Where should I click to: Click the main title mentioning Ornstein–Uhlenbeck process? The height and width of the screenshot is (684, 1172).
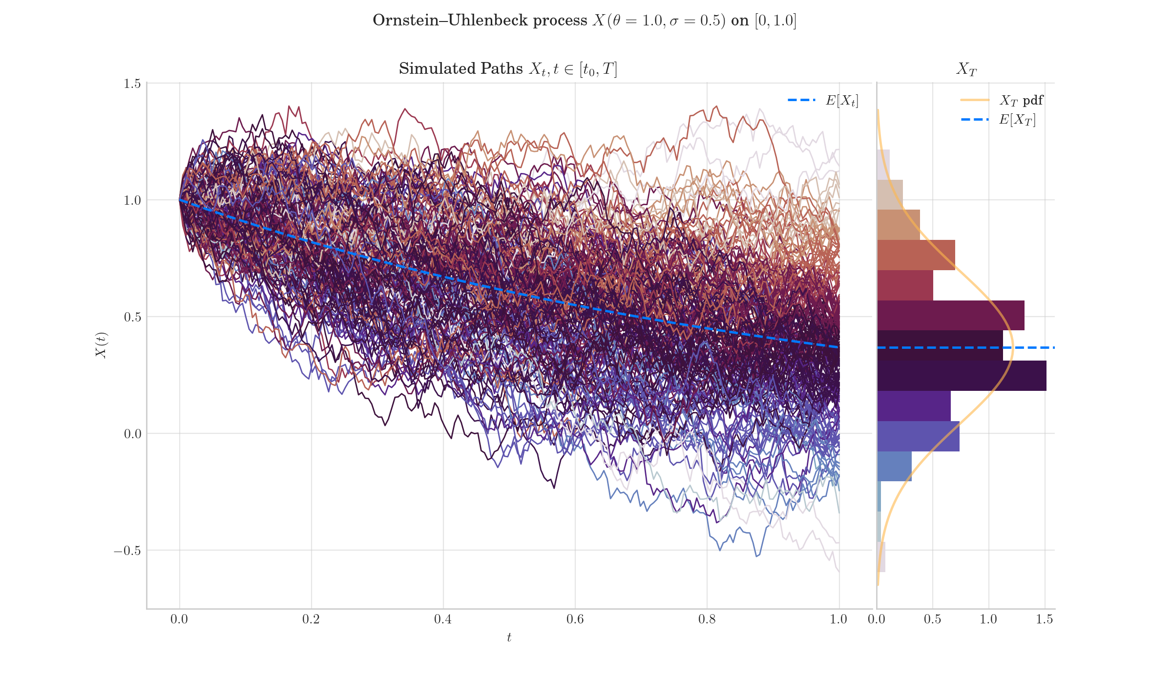(585, 21)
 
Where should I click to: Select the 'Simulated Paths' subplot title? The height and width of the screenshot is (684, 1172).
(508, 69)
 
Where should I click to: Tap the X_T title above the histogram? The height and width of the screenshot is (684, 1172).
(966, 69)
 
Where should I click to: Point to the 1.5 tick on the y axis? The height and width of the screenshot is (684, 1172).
(132, 84)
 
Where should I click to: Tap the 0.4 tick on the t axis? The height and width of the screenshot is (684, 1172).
(443, 620)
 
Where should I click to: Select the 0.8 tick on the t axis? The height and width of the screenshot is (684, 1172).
(707, 620)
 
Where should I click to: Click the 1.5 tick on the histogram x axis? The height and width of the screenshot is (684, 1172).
(1045, 620)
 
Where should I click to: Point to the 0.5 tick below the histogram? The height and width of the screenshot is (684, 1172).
(932, 620)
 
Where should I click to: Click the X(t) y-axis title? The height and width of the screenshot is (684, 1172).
(101, 345)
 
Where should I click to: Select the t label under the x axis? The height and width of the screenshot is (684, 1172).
(509, 638)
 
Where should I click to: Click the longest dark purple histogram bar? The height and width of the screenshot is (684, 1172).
(961, 376)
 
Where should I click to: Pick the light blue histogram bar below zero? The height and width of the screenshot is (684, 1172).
(894, 466)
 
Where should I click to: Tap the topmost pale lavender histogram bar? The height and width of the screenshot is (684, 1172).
(883, 165)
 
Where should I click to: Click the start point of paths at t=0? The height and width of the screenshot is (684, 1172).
(180, 200)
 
